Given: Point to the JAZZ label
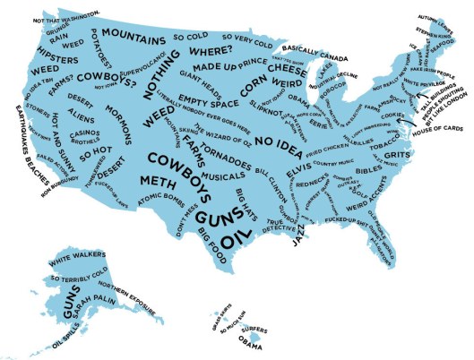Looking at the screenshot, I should click(295, 236).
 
